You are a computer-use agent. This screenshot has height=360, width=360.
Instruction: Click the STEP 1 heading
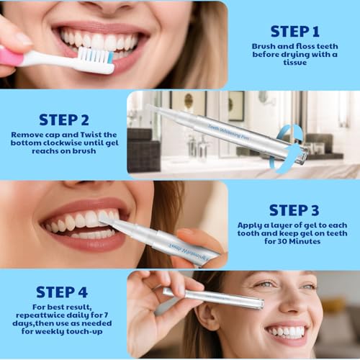[x=294, y=31]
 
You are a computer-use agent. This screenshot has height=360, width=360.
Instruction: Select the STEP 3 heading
[x=294, y=210]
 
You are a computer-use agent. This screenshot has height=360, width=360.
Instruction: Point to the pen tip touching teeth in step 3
[x=107, y=219]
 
